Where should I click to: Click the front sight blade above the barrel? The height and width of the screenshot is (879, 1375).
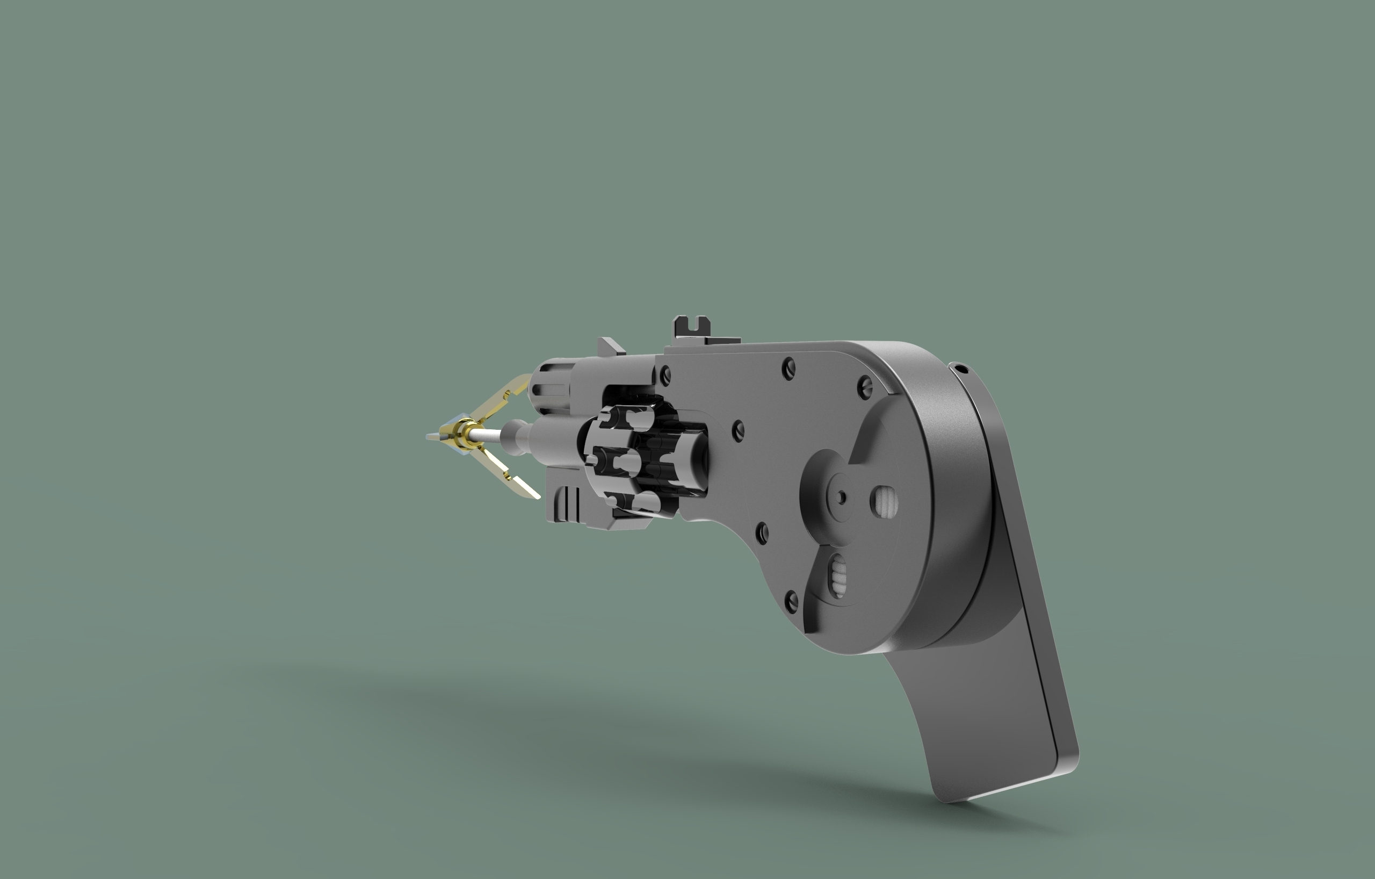point(610,347)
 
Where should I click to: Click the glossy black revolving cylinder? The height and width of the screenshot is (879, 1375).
point(628,460)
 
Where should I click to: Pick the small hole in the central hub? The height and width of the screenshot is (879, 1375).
point(841,498)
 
